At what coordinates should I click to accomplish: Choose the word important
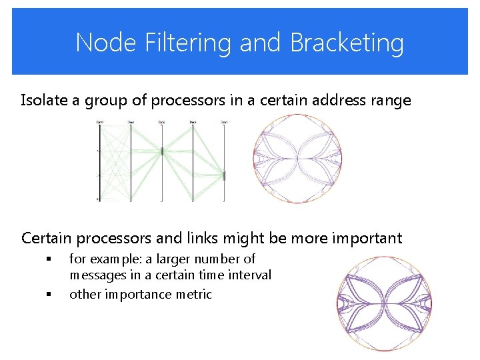coord(359,239)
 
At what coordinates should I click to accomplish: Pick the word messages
coord(97,275)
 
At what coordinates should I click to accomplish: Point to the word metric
coord(193,294)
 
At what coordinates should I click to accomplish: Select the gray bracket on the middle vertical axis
coord(162,151)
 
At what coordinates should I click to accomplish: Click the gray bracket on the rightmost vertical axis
coord(224,176)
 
